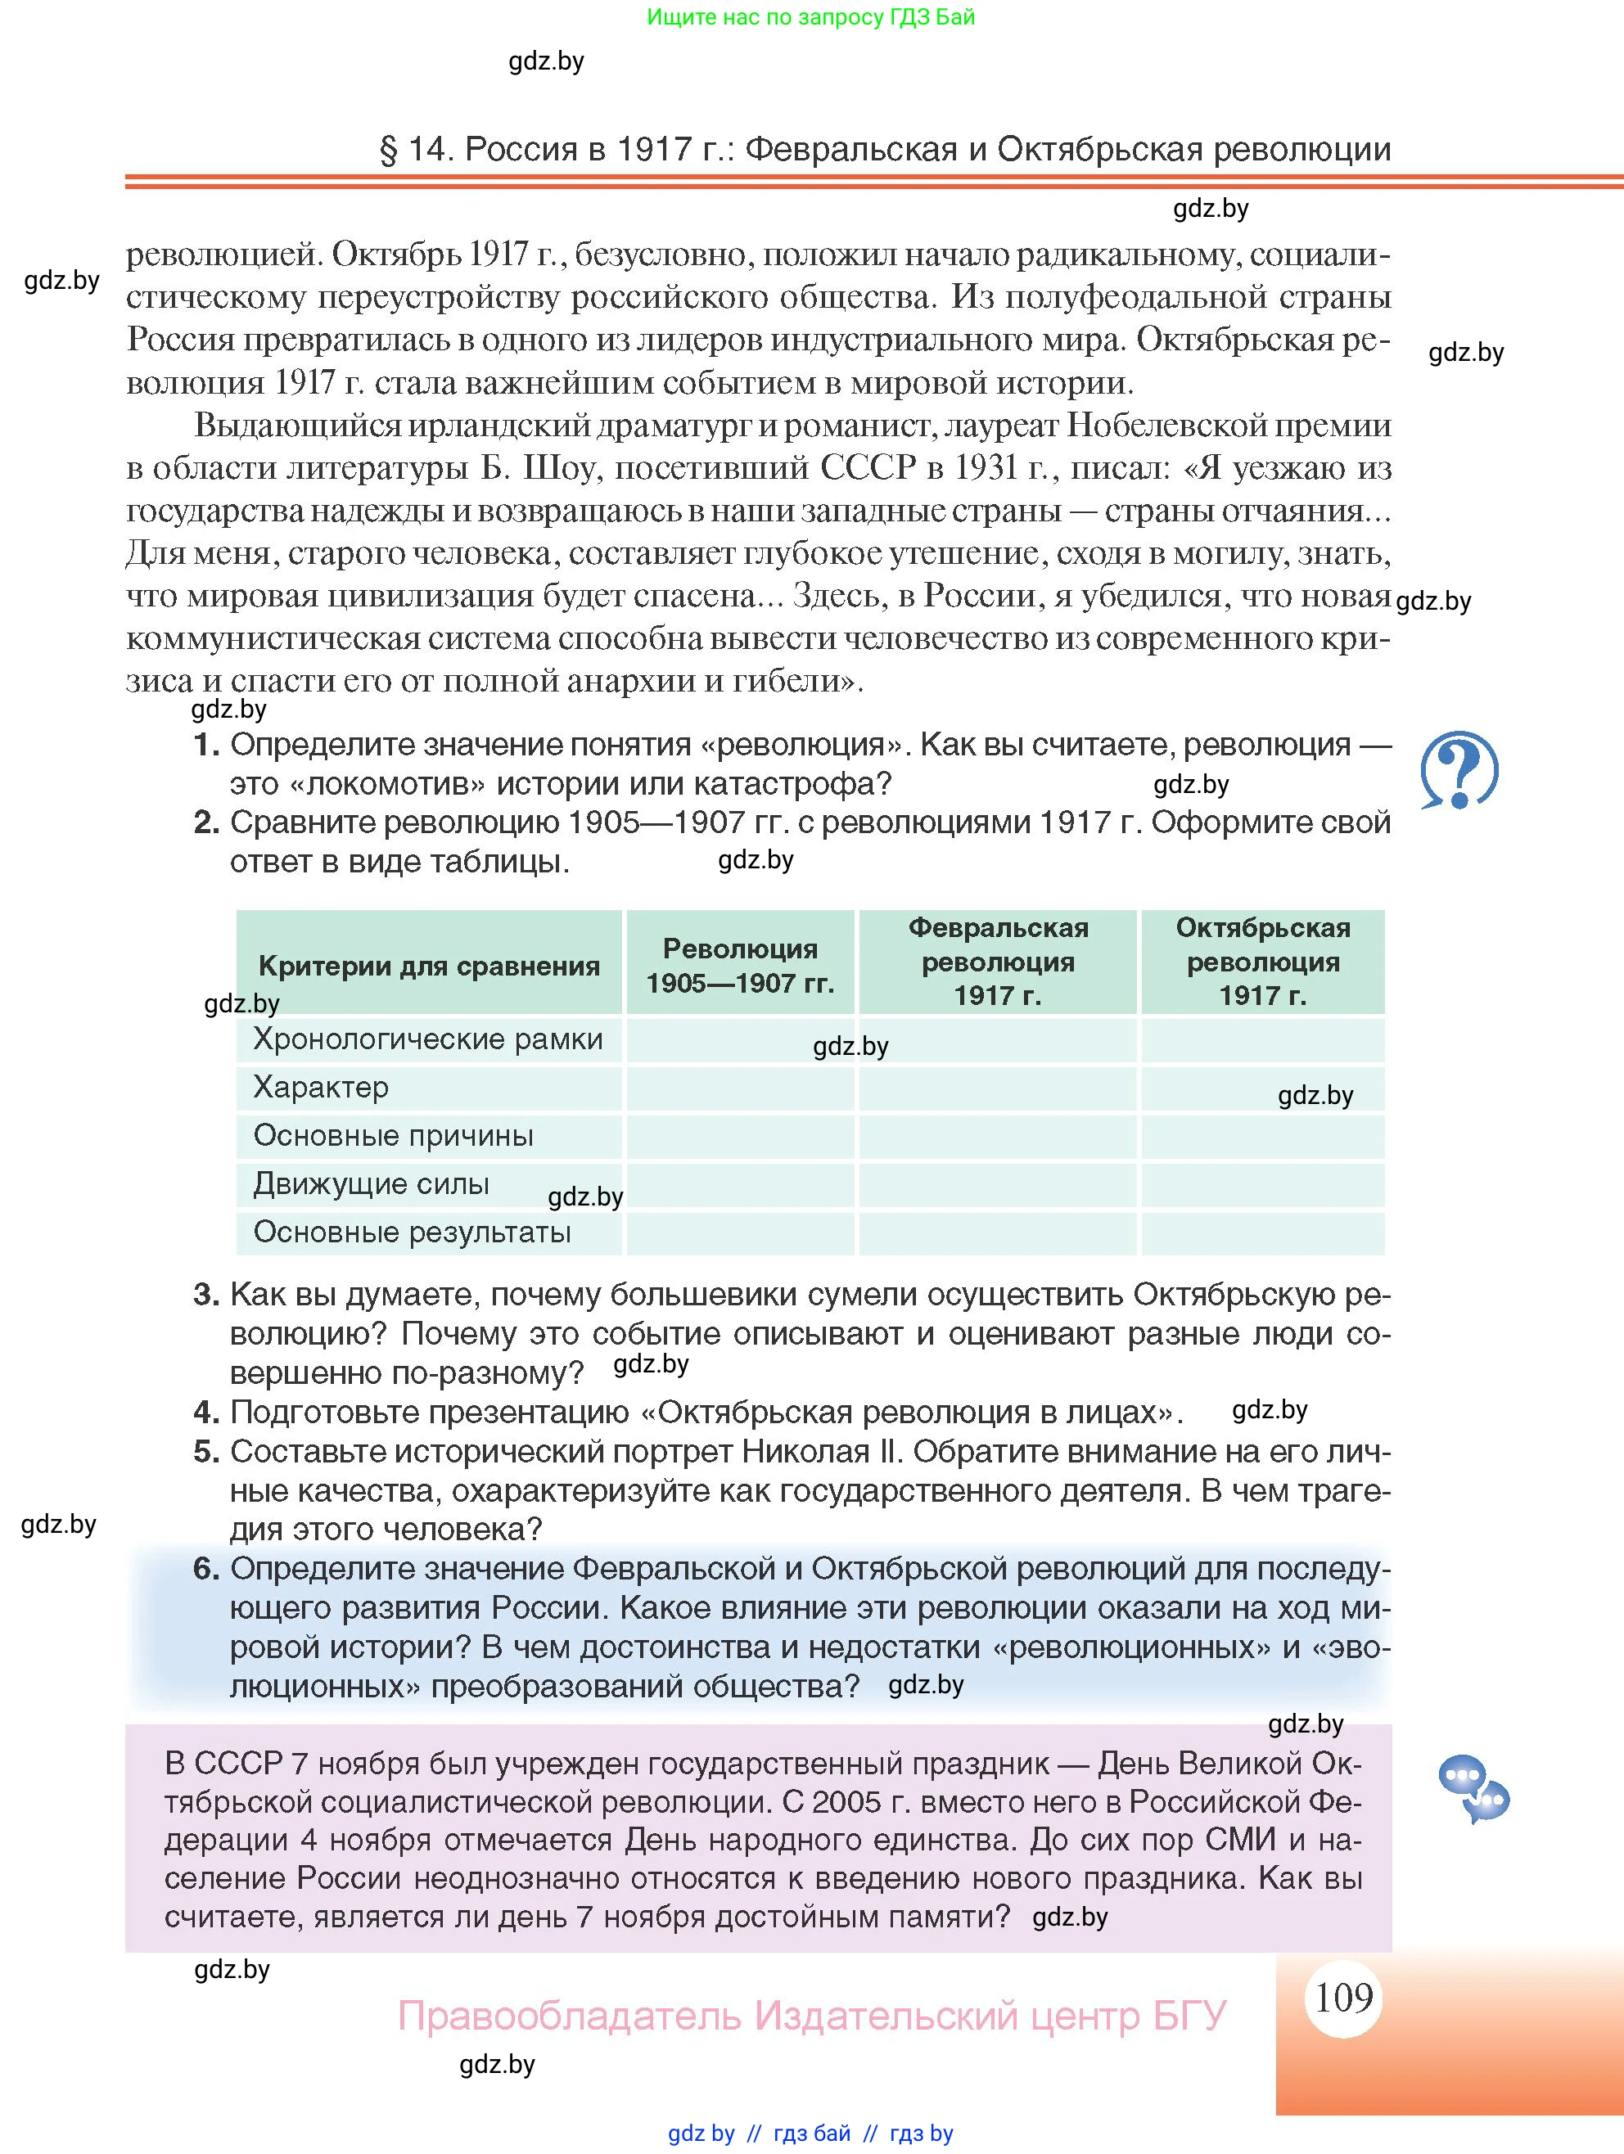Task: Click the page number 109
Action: point(1343,1997)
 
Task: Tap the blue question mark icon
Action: point(1459,770)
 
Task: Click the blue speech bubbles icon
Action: point(1473,1788)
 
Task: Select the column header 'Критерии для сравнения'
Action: point(429,966)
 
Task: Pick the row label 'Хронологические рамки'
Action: point(427,1039)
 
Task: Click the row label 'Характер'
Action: point(321,1087)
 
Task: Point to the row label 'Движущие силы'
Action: point(371,1183)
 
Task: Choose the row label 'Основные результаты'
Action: point(412,1232)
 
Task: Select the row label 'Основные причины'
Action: point(394,1135)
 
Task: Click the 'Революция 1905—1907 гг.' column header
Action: point(741,965)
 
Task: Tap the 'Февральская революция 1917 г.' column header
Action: point(998,961)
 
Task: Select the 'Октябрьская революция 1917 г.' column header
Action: point(1262,961)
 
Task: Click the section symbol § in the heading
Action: point(389,150)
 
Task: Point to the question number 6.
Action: point(205,1569)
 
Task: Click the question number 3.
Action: point(205,1294)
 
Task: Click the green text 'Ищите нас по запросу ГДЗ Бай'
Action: point(810,16)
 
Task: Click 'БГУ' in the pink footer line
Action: point(1189,2016)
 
